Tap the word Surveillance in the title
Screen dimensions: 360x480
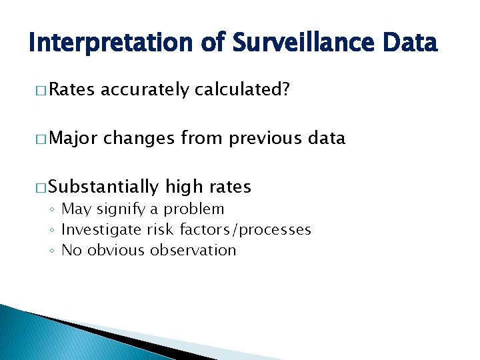pos(293,43)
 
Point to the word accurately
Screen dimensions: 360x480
pos(145,91)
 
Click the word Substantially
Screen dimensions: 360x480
pos(104,187)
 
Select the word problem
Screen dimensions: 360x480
pos(195,209)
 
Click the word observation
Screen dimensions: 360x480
pos(193,251)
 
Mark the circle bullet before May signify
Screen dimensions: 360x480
pos(52,210)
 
